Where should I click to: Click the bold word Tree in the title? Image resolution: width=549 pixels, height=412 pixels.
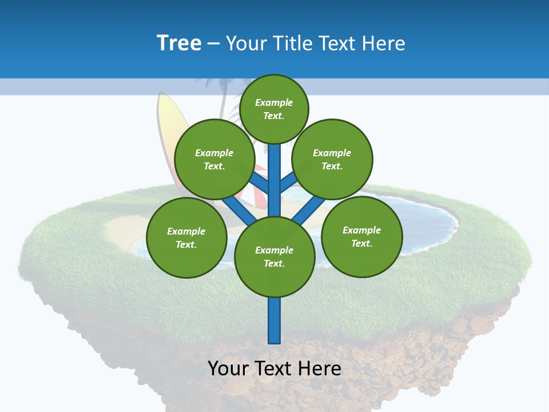pyautogui.click(x=179, y=43)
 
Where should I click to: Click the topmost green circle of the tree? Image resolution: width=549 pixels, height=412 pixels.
pyautogui.click(x=274, y=109)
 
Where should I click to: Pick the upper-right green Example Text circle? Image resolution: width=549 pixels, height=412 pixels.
pyautogui.click(x=332, y=159)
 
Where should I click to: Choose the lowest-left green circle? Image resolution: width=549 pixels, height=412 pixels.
pyautogui.click(x=186, y=237)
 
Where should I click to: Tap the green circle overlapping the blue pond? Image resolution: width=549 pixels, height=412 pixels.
pyautogui.click(x=361, y=236)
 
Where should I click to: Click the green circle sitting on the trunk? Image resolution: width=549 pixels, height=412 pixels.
pyautogui.click(x=274, y=256)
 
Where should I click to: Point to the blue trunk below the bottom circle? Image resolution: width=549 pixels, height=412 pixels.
pyautogui.click(x=274, y=320)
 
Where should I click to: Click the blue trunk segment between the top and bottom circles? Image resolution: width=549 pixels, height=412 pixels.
pyautogui.click(x=274, y=183)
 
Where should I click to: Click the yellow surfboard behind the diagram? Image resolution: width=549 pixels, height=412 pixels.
pyautogui.click(x=166, y=123)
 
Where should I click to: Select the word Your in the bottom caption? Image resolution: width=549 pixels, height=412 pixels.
pyautogui.click(x=228, y=369)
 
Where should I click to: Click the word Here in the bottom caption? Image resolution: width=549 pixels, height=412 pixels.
pyautogui.click(x=320, y=369)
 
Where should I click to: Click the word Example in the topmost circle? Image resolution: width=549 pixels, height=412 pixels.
pyautogui.click(x=274, y=103)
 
